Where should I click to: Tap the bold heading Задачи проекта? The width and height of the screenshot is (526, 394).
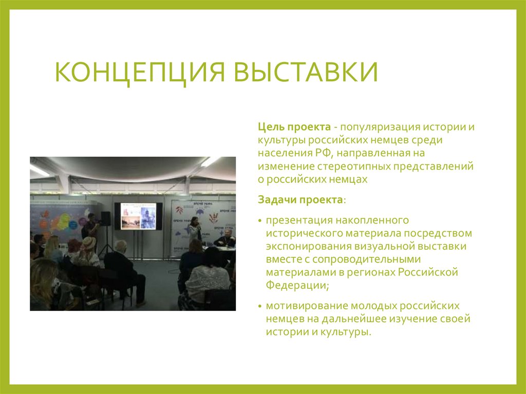pyautogui.click(x=300, y=199)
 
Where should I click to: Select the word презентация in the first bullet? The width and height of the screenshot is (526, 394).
pyautogui.click(x=299, y=220)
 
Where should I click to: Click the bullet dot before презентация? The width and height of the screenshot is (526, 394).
pyautogui.click(x=260, y=221)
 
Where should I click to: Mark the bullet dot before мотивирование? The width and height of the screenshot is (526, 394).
pyautogui.click(x=260, y=306)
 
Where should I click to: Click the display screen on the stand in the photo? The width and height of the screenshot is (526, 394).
pyautogui.click(x=138, y=216)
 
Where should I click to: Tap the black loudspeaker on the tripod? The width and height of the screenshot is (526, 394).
pyautogui.click(x=105, y=218)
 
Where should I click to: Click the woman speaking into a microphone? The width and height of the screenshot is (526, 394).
pyautogui.click(x=194, y=230)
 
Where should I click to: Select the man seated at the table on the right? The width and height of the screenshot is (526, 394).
pyautogui.click(x=224, y=238)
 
